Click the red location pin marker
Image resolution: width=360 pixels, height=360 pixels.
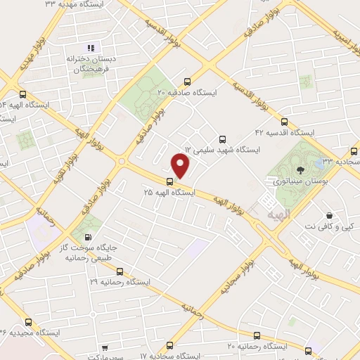tap(181, 167)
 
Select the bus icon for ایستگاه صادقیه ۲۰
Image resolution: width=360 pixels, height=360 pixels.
tap(186, 82)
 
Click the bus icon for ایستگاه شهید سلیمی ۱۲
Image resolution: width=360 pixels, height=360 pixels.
tap(223, 139)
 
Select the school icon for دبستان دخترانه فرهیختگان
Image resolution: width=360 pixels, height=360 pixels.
tap(89, 48)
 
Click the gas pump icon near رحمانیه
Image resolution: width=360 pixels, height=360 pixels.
tap(87, 237)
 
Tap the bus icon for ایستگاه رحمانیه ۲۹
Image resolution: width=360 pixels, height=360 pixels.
tap(119, 270)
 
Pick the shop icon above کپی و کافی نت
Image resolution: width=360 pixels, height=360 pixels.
tap(328, 214)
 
